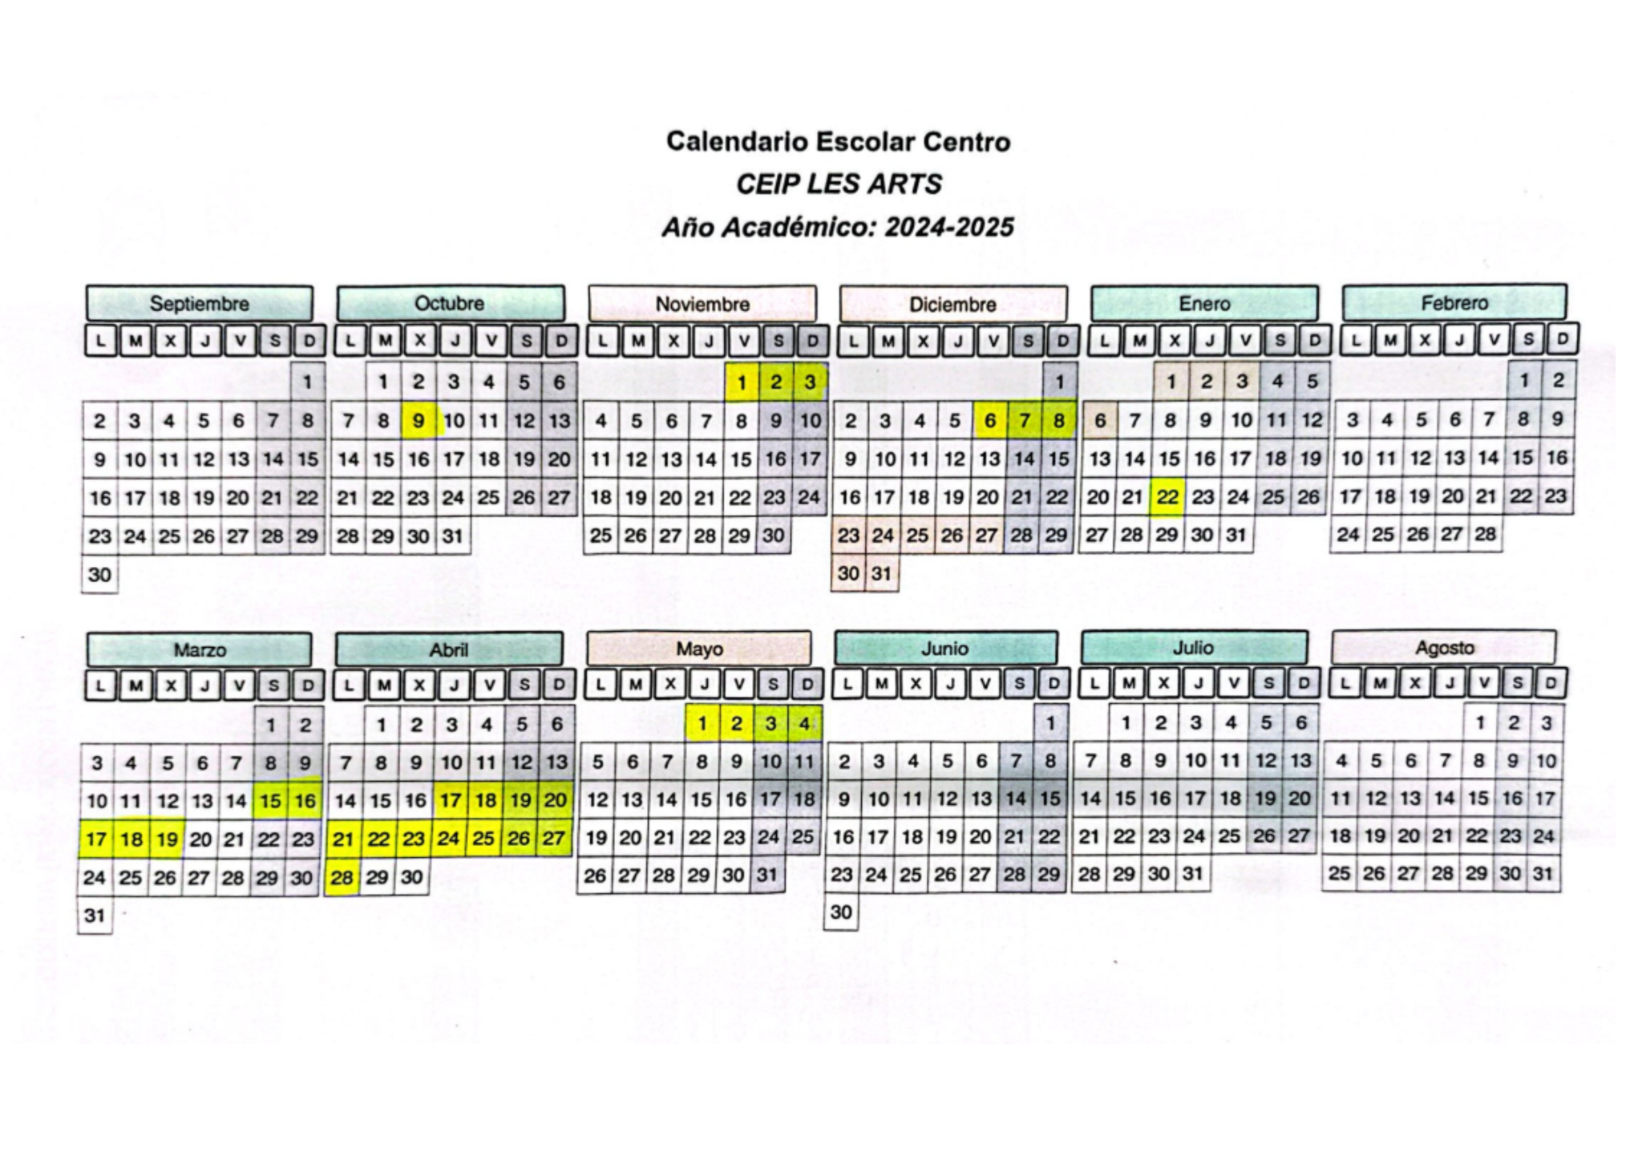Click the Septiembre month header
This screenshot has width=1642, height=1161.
pos(199,304)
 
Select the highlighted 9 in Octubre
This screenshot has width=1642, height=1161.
pos(419,421)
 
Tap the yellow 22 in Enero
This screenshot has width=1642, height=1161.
pos(1167,498)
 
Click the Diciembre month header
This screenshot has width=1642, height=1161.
pos(952,305)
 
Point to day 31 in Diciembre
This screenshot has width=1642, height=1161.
pos(882,574)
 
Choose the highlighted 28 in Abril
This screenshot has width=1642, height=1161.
pos(342,878)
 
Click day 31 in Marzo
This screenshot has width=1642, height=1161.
pos(95,916)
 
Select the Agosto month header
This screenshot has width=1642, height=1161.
pos(1444,648)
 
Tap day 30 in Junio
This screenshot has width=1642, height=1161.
pos(841,912)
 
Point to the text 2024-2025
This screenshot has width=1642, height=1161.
pos(949,228)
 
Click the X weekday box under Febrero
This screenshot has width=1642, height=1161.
pos(1425,339)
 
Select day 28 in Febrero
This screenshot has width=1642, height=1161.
pos(1485,535)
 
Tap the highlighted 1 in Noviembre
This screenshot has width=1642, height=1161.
pos(742,382)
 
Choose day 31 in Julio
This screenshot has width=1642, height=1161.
pos(1193,874)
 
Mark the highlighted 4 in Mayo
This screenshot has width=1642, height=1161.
pos(804,724)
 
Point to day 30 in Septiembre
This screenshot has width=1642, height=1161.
pos(99,575)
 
